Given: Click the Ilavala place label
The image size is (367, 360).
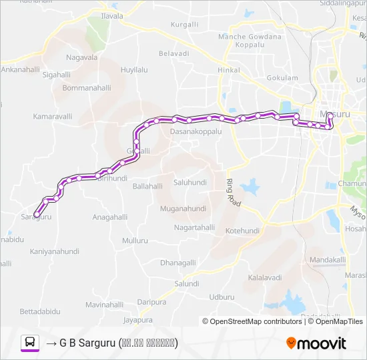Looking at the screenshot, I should click(112, 15).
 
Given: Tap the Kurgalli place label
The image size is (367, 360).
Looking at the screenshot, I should click(185, 24).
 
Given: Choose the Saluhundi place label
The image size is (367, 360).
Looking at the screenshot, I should click(190, 182).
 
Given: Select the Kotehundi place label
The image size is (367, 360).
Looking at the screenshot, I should click(242, 231).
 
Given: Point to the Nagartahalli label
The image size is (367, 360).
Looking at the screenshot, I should click(194, 228).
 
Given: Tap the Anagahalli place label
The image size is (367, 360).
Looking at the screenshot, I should click(109, 217).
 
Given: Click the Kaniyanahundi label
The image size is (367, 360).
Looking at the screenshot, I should click(55, 251).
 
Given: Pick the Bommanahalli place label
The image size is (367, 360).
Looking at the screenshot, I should click(86, 87).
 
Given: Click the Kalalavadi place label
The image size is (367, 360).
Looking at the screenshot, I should click(265, 276).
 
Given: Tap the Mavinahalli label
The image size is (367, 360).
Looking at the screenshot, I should click(105, 305).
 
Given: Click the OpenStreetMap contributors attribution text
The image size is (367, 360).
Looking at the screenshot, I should click(256, 321).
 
